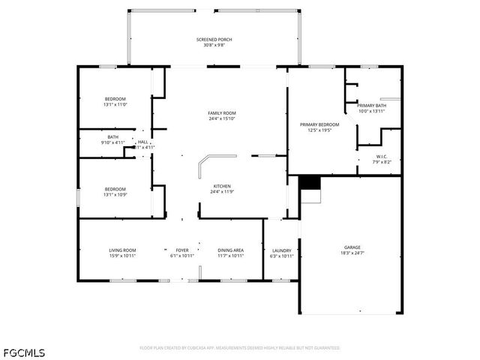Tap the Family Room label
[x=222, y=113]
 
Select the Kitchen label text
[x=221, y=186]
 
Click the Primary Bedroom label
[x=319, y=124]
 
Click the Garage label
[x=352, y=247]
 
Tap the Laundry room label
[x=281, y=250]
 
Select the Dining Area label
[x=230, y=250]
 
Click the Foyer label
[x=182, y=250]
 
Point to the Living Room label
[x=122, y=250]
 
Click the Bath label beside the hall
[x=112, y=137]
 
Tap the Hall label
[x=142, y=141]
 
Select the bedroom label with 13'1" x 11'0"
[x=115, y=99]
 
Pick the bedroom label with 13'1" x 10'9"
[x=115, y=189]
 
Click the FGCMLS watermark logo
[x=23, y=352]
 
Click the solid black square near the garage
[x=309, y=182]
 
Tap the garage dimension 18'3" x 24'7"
[x=352, y=253]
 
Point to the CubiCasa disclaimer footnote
[x=240, y=348]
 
